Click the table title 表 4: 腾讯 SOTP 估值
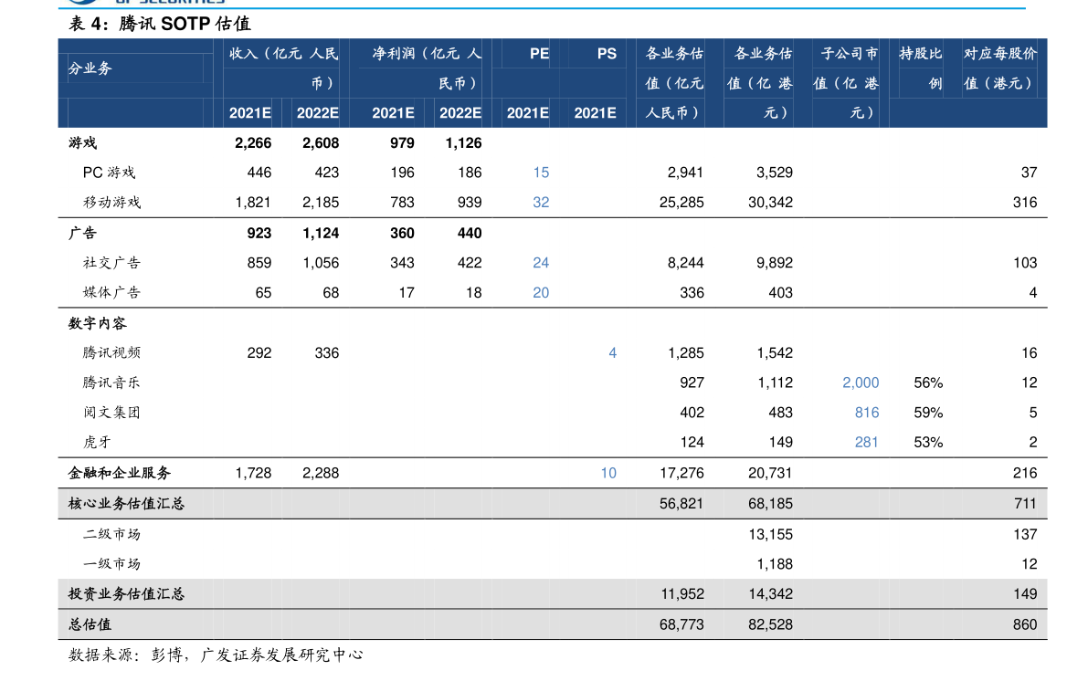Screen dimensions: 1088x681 [x=160, y=24]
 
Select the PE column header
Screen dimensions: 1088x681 [x=539, y=53]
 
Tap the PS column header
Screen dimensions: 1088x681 [x=607, y=53]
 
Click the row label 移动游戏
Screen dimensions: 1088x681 [x=111, y=202]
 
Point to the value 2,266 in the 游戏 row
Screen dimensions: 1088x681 [x=252, y=142]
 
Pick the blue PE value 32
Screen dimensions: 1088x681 [x=541, y=202]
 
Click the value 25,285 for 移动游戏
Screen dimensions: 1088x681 [x=681, y=202]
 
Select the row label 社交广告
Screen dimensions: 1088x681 [x=111, y=262]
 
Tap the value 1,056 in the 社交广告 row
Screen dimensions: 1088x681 [x=321, y=262]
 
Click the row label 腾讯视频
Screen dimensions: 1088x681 [x=111, y=352]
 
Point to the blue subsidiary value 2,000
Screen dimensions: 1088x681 [x=861, y=382]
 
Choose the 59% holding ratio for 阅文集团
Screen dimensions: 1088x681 [x=928, y=412]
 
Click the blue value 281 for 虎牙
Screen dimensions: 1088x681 [x=867, y=442]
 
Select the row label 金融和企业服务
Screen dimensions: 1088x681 [x=120, y=473]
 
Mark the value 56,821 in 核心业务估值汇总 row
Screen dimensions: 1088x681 [x=681, y=504]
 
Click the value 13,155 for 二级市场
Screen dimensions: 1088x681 [x=770, y=534]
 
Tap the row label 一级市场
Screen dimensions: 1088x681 [x=111, y=564]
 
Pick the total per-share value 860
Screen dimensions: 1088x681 [x=1025, y=624]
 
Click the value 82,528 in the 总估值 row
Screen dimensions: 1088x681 [x=770, y=624]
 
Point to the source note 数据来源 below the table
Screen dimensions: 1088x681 [x=215, y=655]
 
